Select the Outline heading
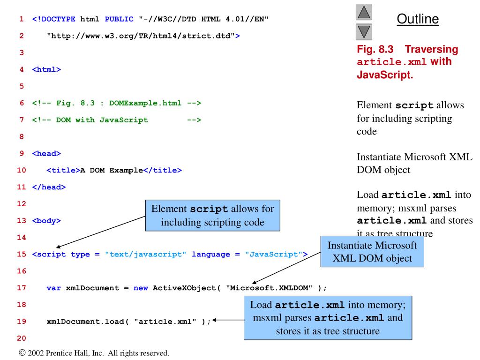pyautogui.click(x=418, y=19)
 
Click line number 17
pyautogui.click(x=22, y=287)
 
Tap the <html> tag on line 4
pyautogui.click(x=46, y=69)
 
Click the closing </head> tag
pyautogui.click(x=49, y=187)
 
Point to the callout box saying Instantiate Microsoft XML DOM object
pyautogui.click(x=372, y=251)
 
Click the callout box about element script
pyautogui.click(x=213, y=215)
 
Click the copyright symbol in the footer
pyautogui.click(x=22, y=352)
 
